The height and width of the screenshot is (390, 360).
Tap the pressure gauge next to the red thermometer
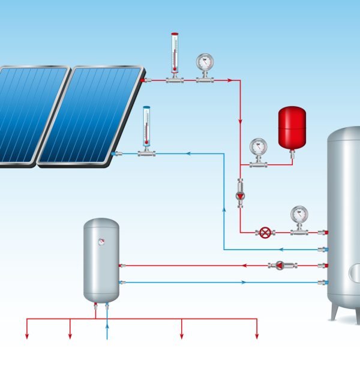click(x=205, y=63)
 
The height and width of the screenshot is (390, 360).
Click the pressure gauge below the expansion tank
click(x=259, y=148)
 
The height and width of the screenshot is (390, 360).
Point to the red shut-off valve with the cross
click(x=265, y=232)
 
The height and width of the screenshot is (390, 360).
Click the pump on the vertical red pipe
click(x=240, y=196)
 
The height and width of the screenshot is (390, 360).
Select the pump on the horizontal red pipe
click(x=279, y=265)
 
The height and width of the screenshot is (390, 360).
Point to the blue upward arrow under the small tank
click(x=107, y=326)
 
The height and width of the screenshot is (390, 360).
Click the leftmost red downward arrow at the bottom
click(x=27, y=335)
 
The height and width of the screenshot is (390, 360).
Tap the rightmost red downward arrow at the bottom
click(x=257, y=335)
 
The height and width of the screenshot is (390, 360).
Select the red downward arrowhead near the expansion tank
click(x=240, y=119)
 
